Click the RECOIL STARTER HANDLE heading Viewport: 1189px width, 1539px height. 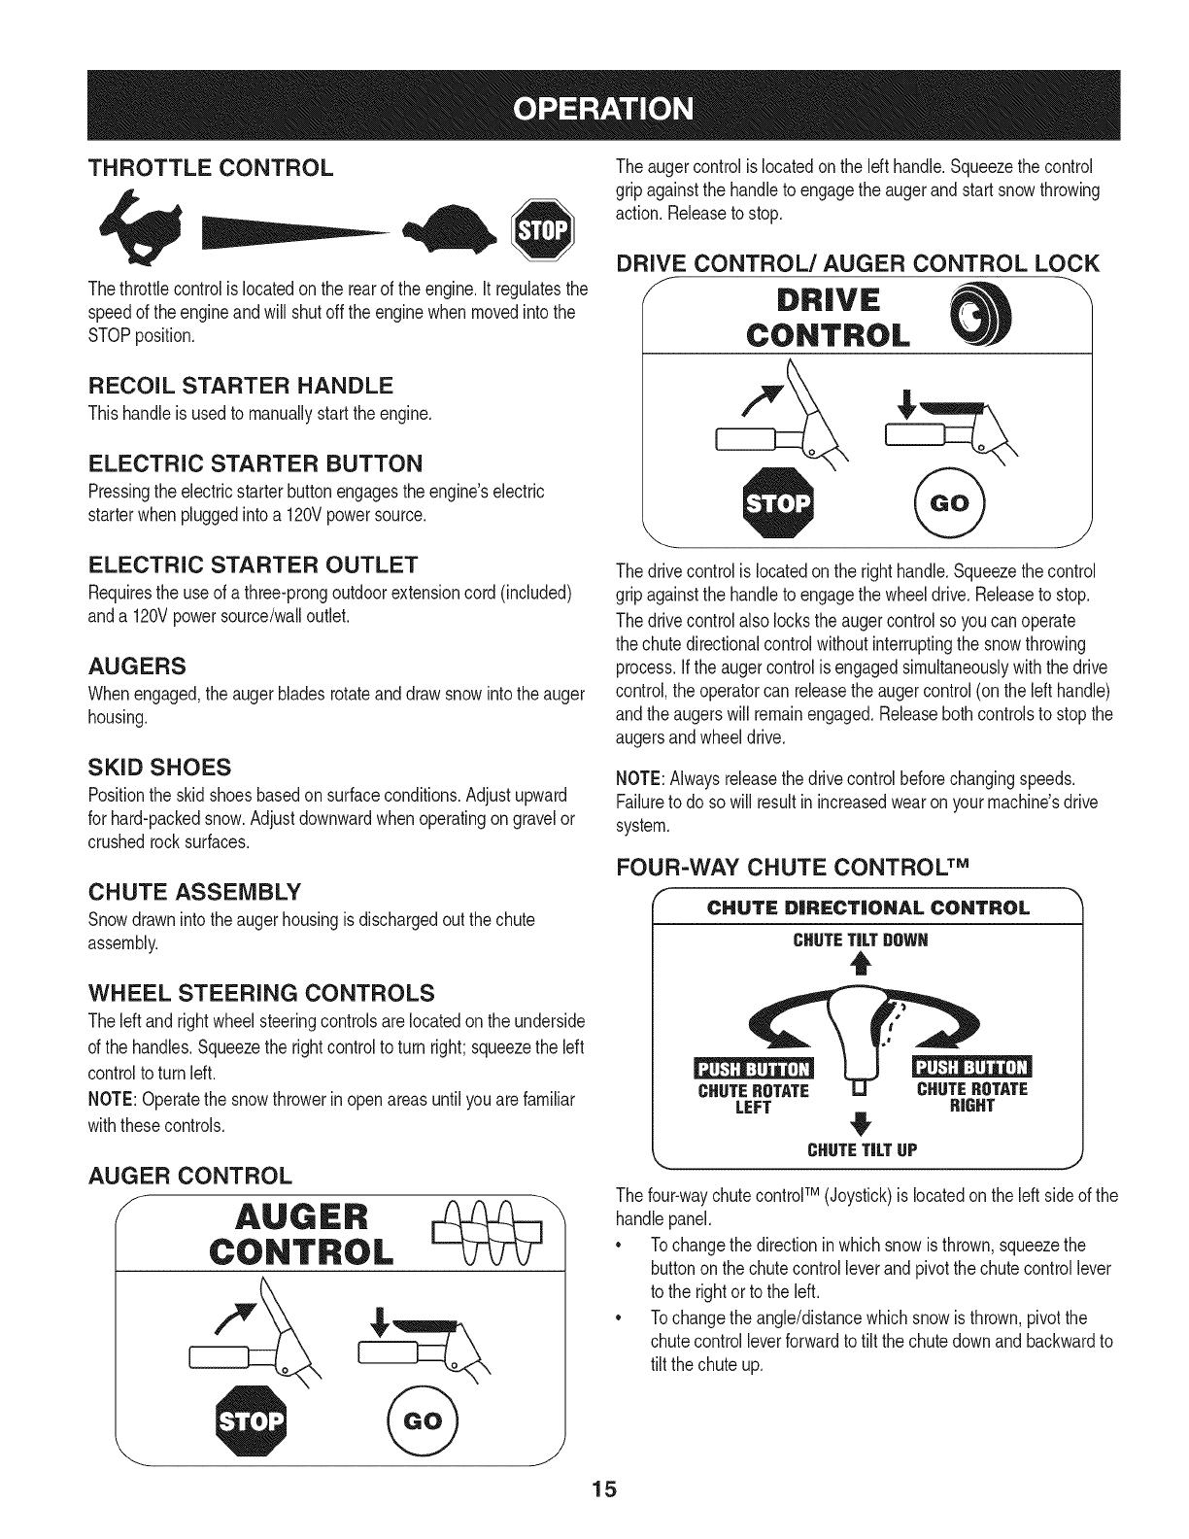[x=241, y=387]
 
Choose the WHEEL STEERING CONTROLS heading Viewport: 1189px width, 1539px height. [x=260, y=994]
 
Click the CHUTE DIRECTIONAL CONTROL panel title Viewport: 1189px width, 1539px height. [x=867, y=908]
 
